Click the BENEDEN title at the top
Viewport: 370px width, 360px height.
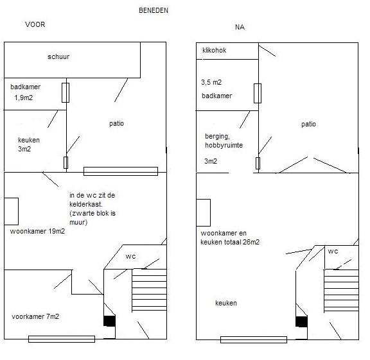(154, 10)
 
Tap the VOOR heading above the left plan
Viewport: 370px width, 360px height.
(35, 24)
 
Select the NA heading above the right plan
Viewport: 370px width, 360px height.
(240, 27)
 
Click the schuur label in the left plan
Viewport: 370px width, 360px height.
(58, 56)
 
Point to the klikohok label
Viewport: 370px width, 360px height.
(215, 50)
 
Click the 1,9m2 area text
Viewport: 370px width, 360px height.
(24, 98)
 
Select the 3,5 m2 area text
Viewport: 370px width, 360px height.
(211, 82)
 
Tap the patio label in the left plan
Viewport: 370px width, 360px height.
(116, 124)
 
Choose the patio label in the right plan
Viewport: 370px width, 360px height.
(308, 124)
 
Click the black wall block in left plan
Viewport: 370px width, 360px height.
(109, 321)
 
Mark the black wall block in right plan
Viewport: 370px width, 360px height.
(301, 321)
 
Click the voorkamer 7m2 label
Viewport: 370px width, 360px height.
(35, 316)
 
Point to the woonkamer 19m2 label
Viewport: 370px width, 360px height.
(37, 231)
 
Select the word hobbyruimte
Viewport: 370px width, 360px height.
(224, 145)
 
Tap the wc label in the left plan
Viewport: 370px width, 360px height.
(131, 257)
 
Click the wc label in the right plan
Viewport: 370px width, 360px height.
(333, 252)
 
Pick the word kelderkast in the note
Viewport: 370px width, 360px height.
(86, 204)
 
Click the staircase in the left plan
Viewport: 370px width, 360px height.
(149, 290)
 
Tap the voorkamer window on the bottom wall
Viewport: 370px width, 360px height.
(62, 339)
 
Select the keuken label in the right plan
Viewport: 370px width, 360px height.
(226, 303)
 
